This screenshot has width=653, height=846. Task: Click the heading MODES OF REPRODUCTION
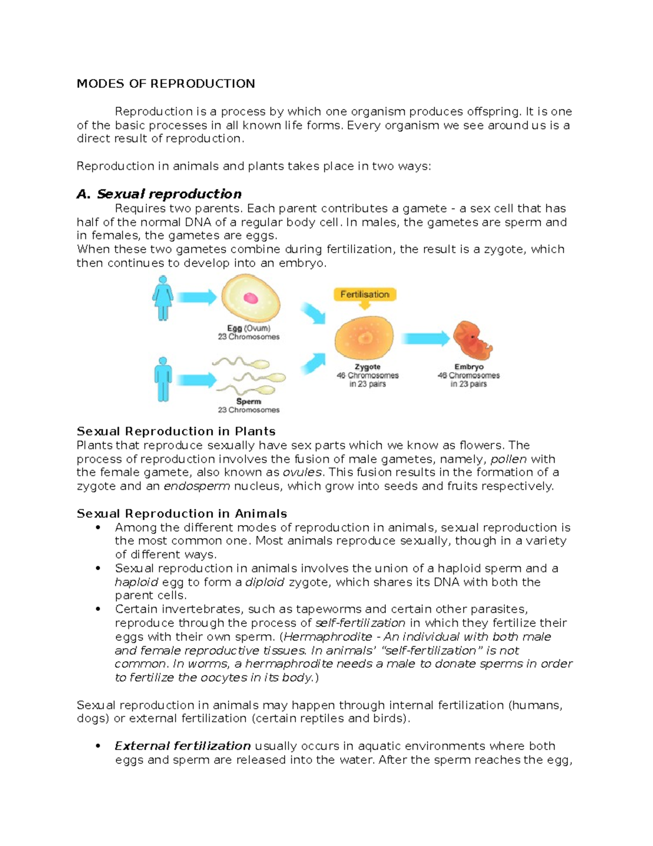pyautogui.click(x=165, y=84)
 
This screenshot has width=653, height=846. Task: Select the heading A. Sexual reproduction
pyautogui.click(x=159, y=194)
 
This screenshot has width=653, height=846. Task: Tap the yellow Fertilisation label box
pyautogui.click(x=365, y=295)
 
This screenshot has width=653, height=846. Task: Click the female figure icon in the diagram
pyautogui.click(x=162, y=297)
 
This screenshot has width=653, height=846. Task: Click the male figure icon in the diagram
pyautogui.click(x=162, y=379)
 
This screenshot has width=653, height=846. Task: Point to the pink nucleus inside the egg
pyautogui.click(x=250, y=298)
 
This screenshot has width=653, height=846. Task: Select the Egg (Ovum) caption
pyautogui.click(x=248, y=328)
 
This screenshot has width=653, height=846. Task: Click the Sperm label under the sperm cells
pyautogui.click(x=248, y=401)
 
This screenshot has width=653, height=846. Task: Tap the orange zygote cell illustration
pyautogui.click(x=364, y=338)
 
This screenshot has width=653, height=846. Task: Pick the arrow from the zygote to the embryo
pyautogui.click(x=425, y=339)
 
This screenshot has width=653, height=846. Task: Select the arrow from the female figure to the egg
pyautogui.click(x=196, y=297)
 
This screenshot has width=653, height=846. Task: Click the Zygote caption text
pyautogui.click(x=367, y=367)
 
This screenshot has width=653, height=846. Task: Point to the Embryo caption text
pyautogui.click(x=469, y=367)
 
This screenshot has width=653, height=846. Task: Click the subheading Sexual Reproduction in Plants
pyautogui.click(x=176, y=431)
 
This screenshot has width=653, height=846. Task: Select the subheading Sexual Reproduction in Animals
pyautogui.click(x=182, y=514)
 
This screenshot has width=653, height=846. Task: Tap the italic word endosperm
pyautogui.click(x=196, y=486)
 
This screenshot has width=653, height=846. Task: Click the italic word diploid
pyautogui.click(x=264, y=582)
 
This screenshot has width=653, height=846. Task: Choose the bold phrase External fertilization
pyautogui.click(x=182, y=746)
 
